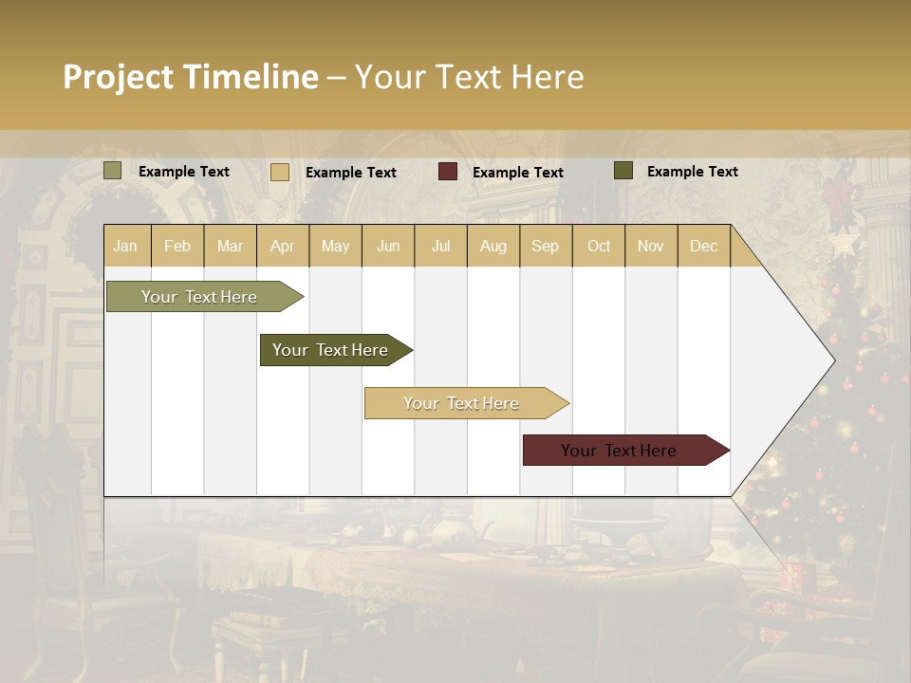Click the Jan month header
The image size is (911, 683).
(x=125, y=246)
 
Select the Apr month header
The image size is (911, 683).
(x=282, y=246)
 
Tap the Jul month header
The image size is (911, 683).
(x=440, y=246)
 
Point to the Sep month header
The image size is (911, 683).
(x=545, y=246)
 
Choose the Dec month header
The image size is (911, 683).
(x=703, y=246)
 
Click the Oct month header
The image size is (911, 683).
(x=599, y=246)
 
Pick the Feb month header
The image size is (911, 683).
(x=177, y=246)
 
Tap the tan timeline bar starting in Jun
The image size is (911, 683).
(x=462, y=403)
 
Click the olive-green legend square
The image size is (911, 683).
(x=113, y=171)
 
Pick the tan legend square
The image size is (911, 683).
(x=280, y=172)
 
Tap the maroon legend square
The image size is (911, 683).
(x=448, y=172)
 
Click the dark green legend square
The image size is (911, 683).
(x=623, y=171)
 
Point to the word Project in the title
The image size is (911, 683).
(x=118, y=77)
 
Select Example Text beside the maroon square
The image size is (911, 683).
(x=517, y=173)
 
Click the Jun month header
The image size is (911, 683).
(x=388, y=246)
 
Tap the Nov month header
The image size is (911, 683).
(x=650, y=246)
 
